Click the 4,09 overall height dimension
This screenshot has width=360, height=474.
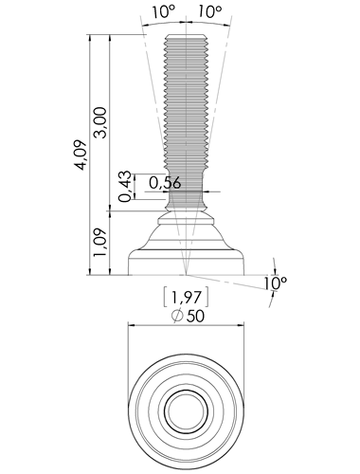point(81,155)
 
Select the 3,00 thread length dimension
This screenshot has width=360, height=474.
point(101,122)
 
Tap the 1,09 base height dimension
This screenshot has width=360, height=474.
point(101,243)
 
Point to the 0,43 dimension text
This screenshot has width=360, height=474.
point(125,187)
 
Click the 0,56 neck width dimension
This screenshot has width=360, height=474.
point(165,183)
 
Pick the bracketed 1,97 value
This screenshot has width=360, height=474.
point(186,297)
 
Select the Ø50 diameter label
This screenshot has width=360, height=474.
point(188,316)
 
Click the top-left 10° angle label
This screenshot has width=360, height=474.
point(164,12)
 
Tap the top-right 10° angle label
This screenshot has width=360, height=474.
point(210,12)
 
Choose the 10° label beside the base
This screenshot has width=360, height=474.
point(276,283)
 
